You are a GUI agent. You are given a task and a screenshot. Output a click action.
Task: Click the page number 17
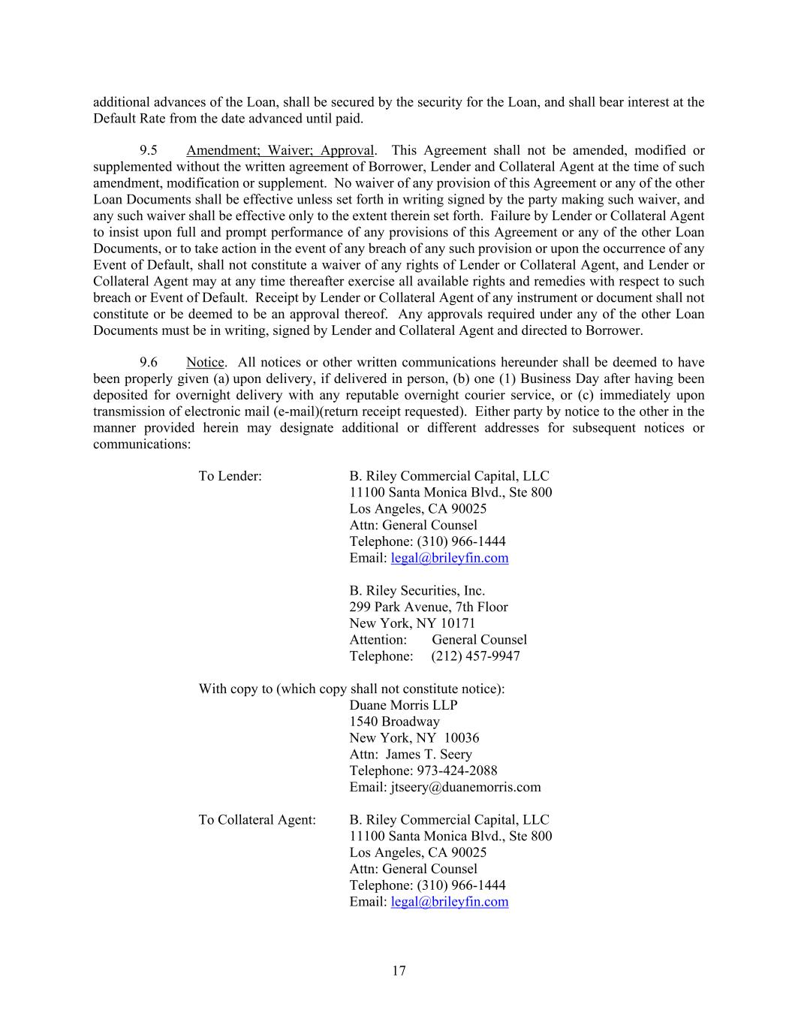coord(399,971)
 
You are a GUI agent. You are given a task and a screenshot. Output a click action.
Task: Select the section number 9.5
coord(148,150)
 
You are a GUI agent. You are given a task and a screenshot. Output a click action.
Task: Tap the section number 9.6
coord(148,363)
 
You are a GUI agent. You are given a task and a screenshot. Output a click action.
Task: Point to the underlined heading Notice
coord(205,363)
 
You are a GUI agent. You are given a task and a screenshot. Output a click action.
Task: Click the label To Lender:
coord(230,476)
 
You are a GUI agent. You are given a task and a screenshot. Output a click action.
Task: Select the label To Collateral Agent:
coord(257,820)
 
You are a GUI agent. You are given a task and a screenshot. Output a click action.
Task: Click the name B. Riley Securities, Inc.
coord(417,591)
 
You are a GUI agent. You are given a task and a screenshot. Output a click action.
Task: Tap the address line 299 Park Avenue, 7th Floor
coord(428,607)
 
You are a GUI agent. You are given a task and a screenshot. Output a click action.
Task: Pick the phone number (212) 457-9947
coord(475,656)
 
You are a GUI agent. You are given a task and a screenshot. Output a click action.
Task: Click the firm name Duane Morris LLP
coord(403,705)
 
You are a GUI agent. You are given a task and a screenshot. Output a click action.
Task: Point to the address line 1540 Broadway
coord(394,722)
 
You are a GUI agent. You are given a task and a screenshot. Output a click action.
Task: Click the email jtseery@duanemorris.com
coord(465,787)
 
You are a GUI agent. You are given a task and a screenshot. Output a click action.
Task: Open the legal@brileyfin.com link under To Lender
coord(450,558)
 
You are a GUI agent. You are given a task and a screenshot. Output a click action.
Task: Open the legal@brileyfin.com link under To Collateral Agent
coord(450,902)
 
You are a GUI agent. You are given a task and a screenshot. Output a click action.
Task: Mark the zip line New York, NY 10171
coord(412,623)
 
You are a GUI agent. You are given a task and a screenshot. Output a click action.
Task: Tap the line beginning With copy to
coord(351,689)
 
